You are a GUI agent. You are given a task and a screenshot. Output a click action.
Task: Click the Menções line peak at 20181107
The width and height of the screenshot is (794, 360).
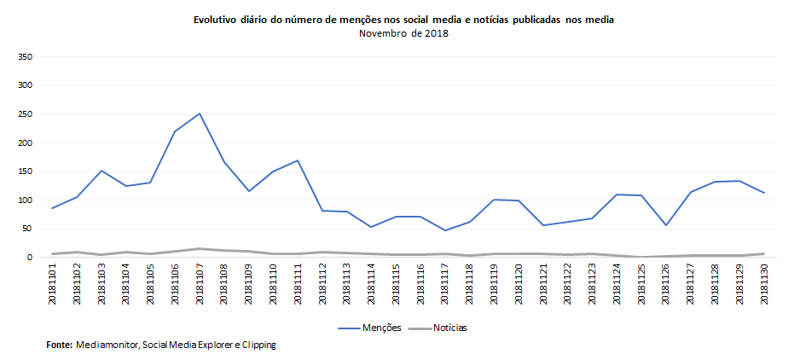[x=200, y=113]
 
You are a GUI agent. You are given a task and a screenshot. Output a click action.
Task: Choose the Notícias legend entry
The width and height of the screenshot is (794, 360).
[x=437, y=328]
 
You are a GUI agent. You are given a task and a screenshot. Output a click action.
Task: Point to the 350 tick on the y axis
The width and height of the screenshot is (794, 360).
[x=25, y=57]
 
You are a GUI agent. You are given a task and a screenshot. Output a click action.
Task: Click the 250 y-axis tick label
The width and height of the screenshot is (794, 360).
[x=25, y=114]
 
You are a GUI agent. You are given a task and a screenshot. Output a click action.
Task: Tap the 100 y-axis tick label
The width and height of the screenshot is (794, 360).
[x=25, y=200]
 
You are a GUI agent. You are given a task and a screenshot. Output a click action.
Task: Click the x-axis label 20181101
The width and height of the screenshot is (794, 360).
[x=53, y=284]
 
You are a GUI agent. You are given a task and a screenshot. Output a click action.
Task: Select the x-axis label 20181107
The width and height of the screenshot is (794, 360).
[x=200, y=284]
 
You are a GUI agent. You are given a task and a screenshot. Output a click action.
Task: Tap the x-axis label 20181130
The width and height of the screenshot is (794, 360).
[x=763, y=284]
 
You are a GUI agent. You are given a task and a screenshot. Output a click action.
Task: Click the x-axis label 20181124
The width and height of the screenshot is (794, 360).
[x=617, y=284]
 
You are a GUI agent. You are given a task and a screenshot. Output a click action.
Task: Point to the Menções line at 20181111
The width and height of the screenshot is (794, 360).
[x=298, y=160]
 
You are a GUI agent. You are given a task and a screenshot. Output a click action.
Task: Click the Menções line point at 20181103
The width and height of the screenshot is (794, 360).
[x=101, y=171]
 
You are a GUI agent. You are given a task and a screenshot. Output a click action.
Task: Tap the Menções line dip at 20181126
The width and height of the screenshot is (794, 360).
[x=665, y=225]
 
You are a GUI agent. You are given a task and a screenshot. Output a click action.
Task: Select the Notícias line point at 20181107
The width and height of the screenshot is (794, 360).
[x=200, y=249]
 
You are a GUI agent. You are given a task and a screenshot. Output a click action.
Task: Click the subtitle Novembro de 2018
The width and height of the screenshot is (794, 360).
[x=403, y=33]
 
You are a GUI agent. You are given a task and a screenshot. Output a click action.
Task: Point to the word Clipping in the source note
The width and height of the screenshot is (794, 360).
[x=258, y=345]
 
